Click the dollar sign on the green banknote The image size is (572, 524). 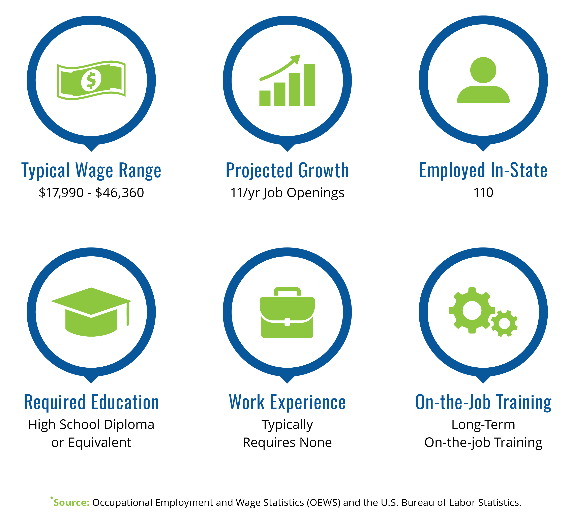(x=91, y=80)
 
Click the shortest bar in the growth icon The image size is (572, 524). (x=265, y=98)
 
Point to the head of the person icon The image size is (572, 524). (x=483, y=70)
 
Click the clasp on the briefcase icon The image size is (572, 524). (x=287, y=322)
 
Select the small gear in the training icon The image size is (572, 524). (x=504, y=323)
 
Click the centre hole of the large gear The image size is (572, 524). (x=472, y=310)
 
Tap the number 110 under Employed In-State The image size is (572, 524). (x=483, y=192)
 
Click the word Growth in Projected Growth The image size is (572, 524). (x=324, y=171)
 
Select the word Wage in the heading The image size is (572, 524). (x=94, y=171)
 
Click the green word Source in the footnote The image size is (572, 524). (x=71, y=502)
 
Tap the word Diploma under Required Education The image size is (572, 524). (x=129, y=425)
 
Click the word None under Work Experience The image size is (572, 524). (x=315, y=443)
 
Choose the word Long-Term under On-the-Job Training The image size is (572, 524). (x=483, y=425)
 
